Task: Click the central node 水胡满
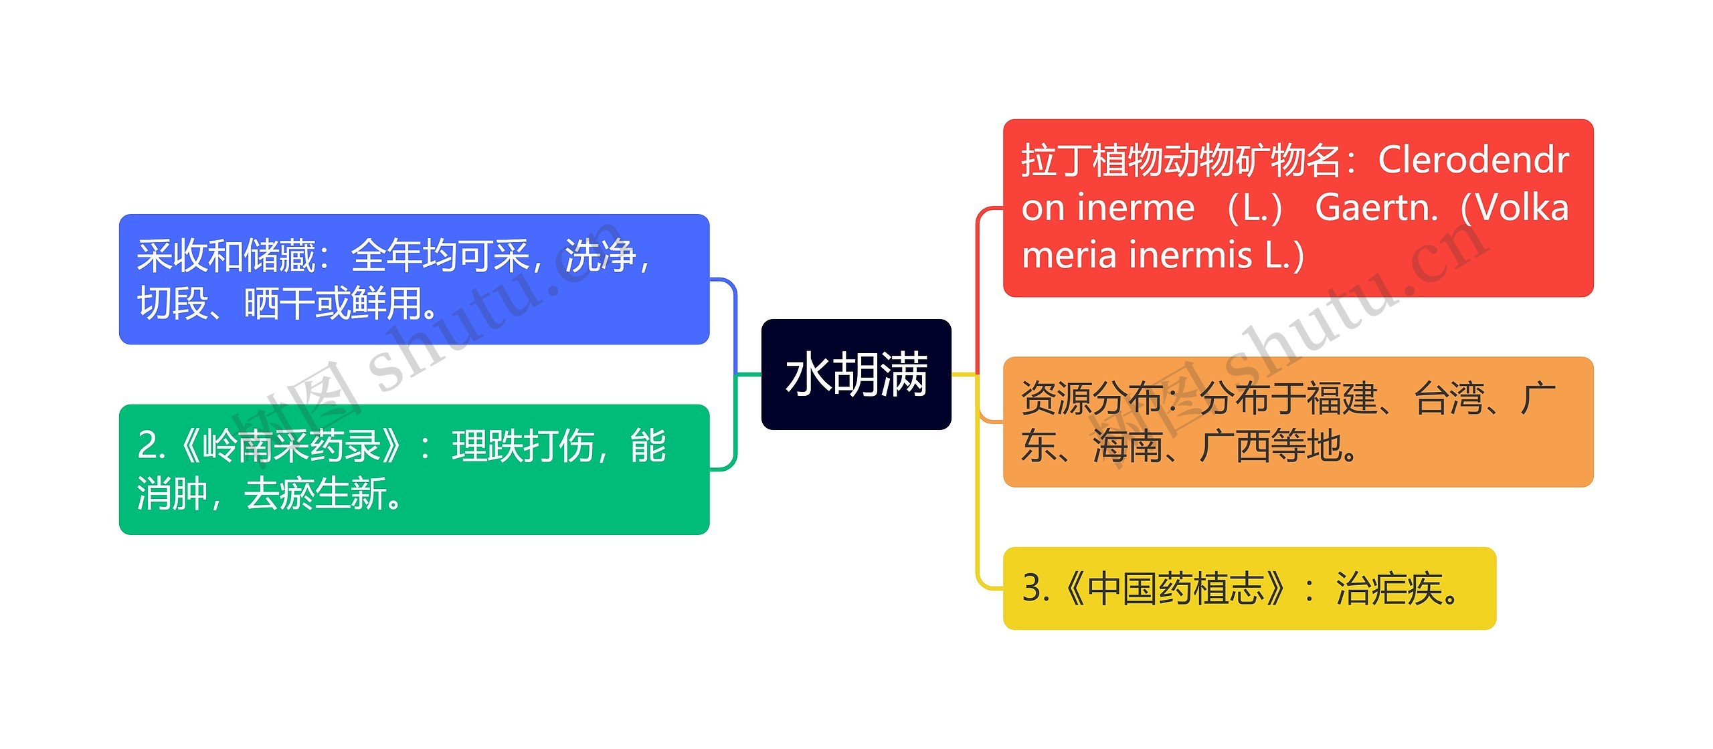(x=856, y=374)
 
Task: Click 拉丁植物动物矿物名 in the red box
(x=1181, y=161)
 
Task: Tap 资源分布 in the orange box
(x=1091, y=399)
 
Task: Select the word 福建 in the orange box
(x=1342, y=399)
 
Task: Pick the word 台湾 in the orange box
(x=1449, y=399)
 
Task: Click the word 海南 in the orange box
(x=1128, y=446)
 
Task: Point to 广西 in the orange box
(x=1235, y=446)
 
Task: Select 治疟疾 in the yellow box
(x=1388, y=588)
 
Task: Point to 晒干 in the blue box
(x=279, y=304)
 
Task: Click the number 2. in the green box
(x=151, y=446)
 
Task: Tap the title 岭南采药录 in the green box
(x=292, y=446)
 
